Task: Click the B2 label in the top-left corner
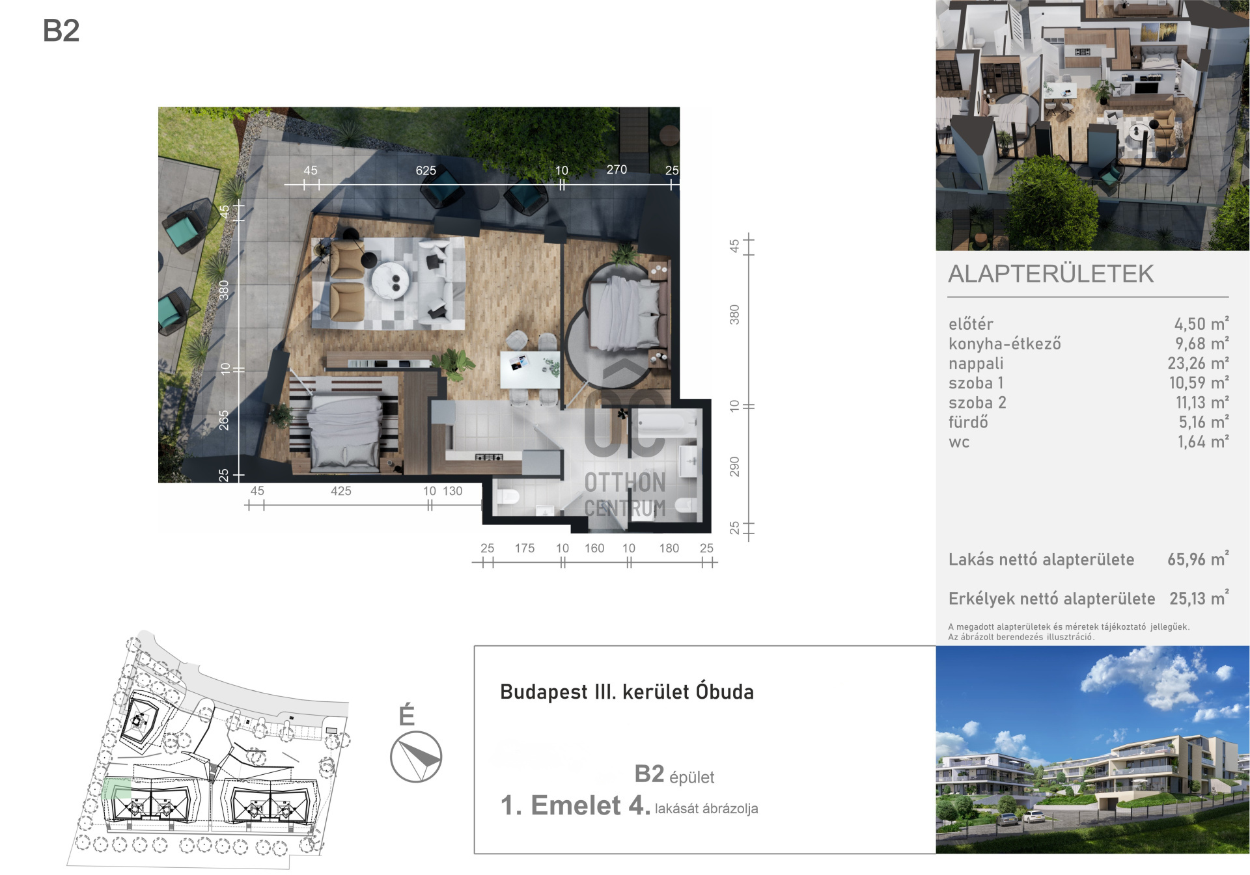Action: (61, 31)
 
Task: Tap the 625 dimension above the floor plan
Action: (426, 170)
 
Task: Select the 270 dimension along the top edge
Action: (617, 170)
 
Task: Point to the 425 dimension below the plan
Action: (340, 491)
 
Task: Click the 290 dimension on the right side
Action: (734, 466)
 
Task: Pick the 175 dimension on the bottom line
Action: (524, 548)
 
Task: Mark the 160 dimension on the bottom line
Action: (594, 548)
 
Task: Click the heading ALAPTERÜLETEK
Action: (1051, 274)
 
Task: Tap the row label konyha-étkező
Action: (1005, 343)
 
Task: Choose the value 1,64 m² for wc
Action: (1203, 442)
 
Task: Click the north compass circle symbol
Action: (416, 757)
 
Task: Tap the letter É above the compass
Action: (407, 714)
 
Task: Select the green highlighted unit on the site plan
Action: (117, 788)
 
